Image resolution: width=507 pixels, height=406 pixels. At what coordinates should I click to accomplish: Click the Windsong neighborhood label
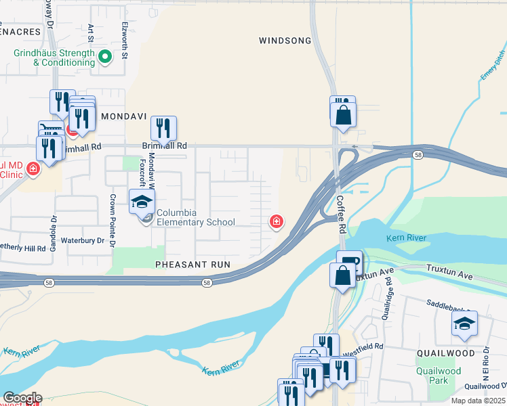tap(285, 41)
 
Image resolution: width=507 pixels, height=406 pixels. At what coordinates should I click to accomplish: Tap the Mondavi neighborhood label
tap(124, 116)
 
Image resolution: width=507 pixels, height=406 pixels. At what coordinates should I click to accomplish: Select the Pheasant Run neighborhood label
tap(192, 264)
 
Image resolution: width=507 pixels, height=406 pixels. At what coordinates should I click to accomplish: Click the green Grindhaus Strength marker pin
tap(105, 57)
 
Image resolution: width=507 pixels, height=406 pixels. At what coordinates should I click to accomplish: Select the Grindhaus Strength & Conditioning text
tap(54, 58)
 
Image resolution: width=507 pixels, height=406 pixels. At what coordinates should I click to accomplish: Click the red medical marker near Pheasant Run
tap(277, 221)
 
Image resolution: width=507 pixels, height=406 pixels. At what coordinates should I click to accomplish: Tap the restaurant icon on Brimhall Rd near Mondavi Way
tap(163, 128)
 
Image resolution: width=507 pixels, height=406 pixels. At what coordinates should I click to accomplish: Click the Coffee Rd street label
tap(340, 215)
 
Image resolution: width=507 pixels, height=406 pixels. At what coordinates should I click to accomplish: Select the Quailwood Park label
tap(439, 376)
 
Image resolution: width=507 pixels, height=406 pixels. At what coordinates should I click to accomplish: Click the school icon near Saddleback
tap(464, 324)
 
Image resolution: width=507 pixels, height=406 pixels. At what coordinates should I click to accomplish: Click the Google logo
tap(22, 398)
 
